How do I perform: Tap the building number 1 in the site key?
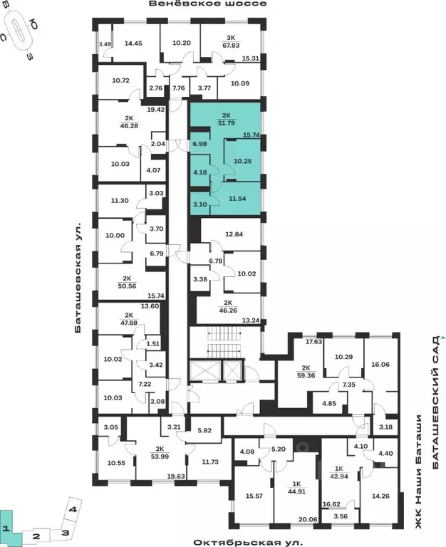pyautogui.click(x=5, y=528)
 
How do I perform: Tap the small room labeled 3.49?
pyautogui.click(x=105, y=45)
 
